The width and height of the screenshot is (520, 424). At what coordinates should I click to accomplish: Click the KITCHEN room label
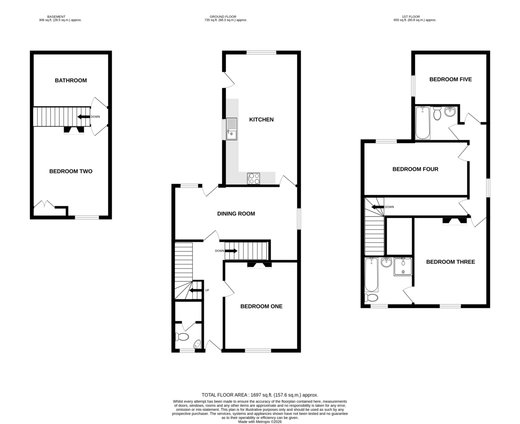click(261, 119)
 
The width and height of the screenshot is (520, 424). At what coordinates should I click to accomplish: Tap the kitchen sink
click(231, 129)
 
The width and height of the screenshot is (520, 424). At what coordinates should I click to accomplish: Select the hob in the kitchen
click(253, 179)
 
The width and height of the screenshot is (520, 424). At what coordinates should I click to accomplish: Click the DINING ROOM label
click(236, 213)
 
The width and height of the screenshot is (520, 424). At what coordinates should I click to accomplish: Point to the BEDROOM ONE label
click(261, 306)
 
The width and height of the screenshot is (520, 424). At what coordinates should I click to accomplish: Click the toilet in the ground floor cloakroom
click(182, 337)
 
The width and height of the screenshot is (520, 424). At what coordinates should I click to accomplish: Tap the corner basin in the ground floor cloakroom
click(197, 344)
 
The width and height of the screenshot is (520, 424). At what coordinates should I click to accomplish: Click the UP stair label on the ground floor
click(207, 290)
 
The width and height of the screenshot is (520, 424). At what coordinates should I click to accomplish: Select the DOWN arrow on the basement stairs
click(84, 117)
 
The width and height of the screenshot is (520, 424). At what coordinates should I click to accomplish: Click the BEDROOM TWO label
click(71, 171)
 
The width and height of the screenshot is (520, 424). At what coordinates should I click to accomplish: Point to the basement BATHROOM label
click(71, 80)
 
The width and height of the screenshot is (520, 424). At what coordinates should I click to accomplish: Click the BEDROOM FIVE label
click(450, 79)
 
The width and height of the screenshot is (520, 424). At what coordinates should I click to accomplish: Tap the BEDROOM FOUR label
click(415, 169)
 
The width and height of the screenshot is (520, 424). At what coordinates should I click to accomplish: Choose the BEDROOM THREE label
click(450, 262)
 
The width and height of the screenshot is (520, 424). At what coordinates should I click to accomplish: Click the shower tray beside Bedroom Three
click(403, 267)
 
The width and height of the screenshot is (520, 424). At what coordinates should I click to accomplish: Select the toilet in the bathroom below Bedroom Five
click(437, 113)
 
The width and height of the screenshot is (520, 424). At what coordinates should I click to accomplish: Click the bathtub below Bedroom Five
click(422, 123)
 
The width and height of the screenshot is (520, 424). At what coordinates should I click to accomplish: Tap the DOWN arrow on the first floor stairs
click(378, 207)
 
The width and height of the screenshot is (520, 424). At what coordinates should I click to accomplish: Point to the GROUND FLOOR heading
click(223, 16)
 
